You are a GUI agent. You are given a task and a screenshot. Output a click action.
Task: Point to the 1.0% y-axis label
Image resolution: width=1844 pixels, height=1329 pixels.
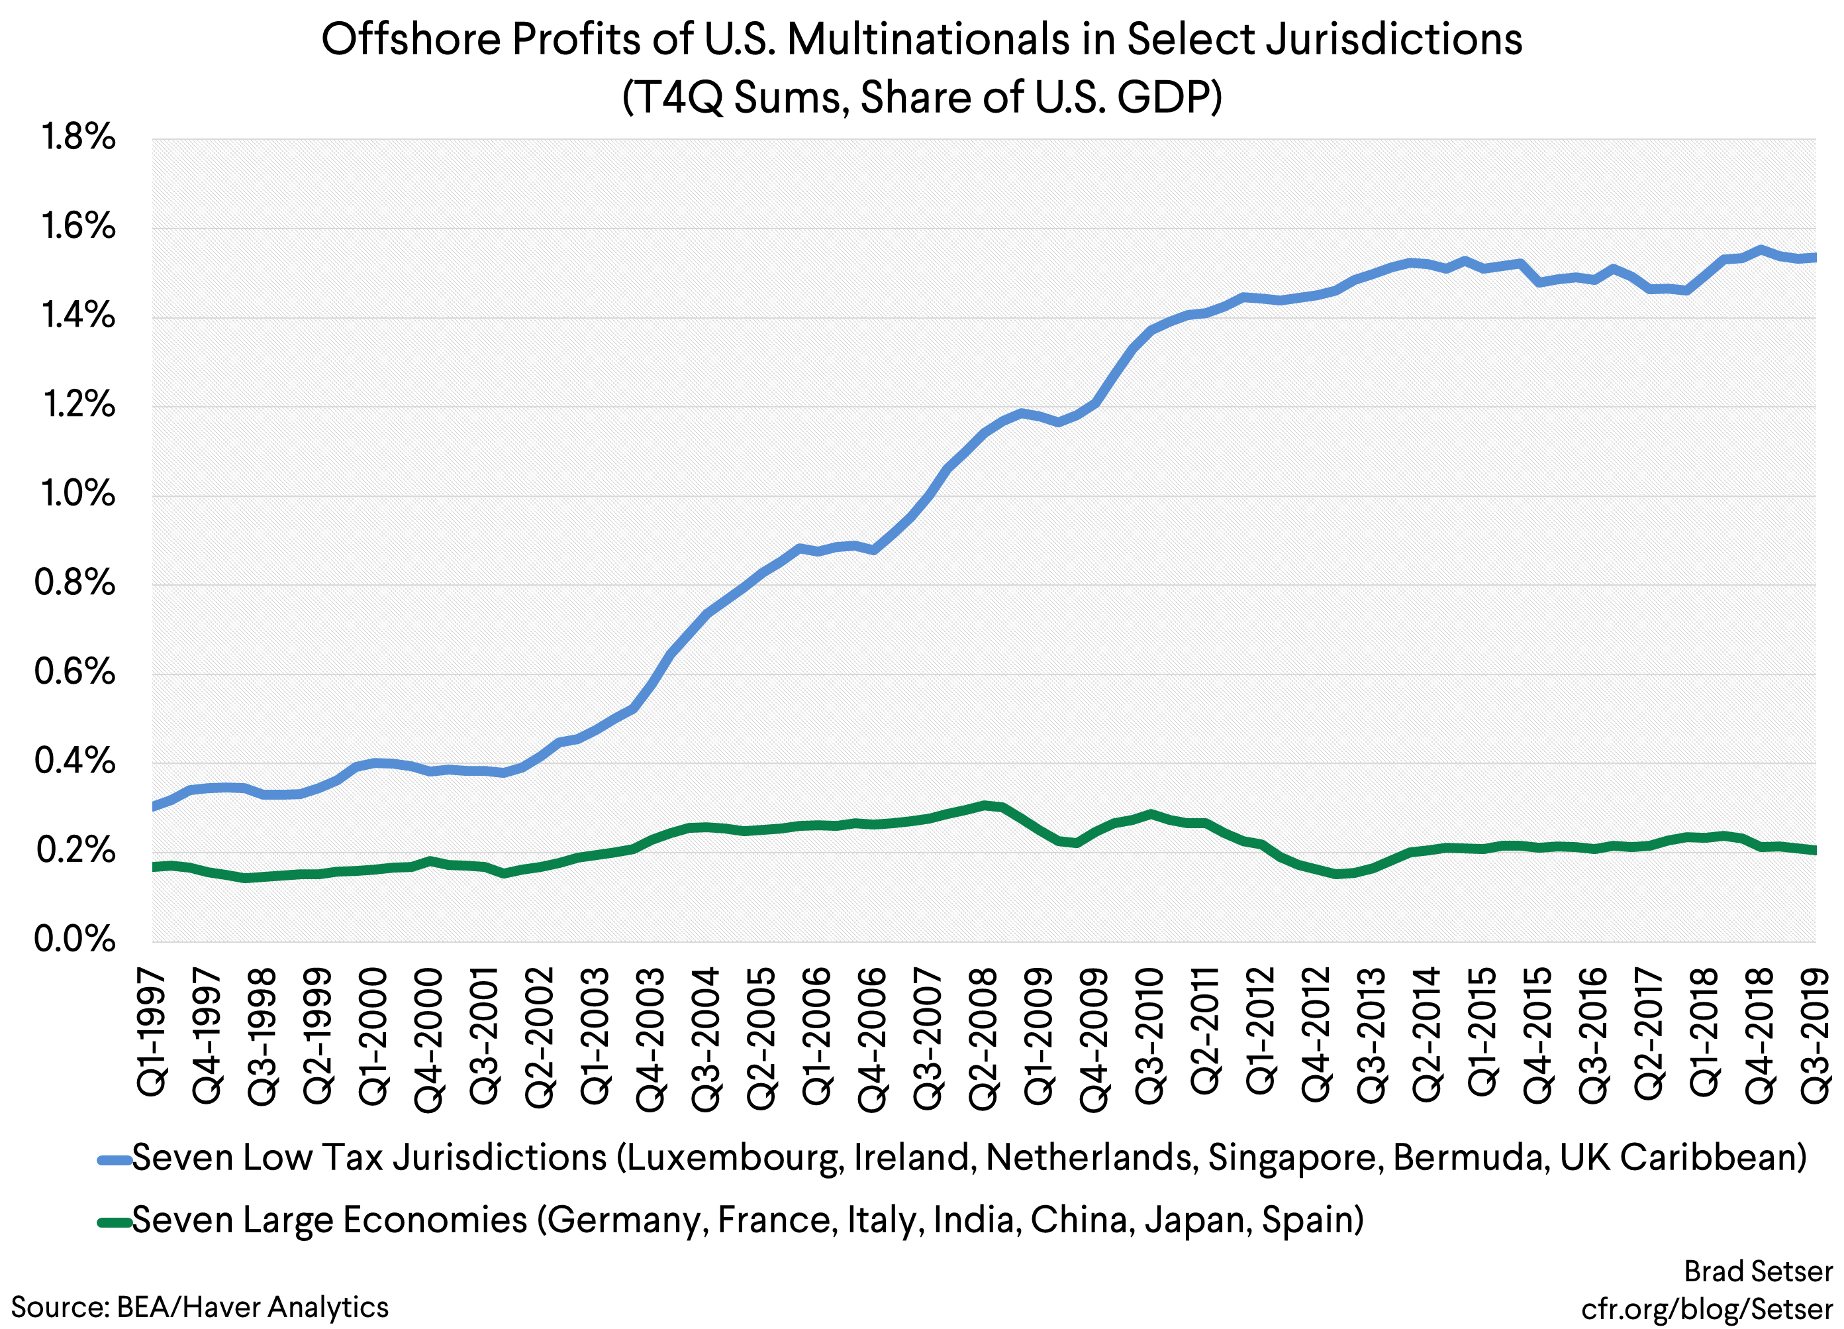pos(78,494)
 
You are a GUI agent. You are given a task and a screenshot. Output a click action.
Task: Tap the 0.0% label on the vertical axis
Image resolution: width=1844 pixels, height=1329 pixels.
pos(75,939)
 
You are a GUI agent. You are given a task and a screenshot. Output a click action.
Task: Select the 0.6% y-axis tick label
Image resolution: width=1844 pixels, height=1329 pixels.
pos(75,672)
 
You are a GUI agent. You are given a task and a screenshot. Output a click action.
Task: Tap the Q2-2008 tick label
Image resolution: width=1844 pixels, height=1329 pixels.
pos(984,1037)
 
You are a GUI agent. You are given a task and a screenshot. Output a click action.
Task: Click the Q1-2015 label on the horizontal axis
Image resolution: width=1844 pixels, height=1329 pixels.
pos(1482,1033)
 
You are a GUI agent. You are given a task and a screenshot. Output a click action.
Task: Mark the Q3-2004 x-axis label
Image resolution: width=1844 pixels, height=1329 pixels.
pos(706,1037)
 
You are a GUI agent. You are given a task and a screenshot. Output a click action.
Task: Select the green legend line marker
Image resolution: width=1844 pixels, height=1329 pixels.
pos(115,1222)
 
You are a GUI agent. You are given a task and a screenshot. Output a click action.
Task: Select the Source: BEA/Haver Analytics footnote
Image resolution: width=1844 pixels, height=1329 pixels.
pos(199,1307)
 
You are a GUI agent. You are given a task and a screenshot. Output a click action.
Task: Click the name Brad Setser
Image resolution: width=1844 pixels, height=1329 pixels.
pos(1758,1271)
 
